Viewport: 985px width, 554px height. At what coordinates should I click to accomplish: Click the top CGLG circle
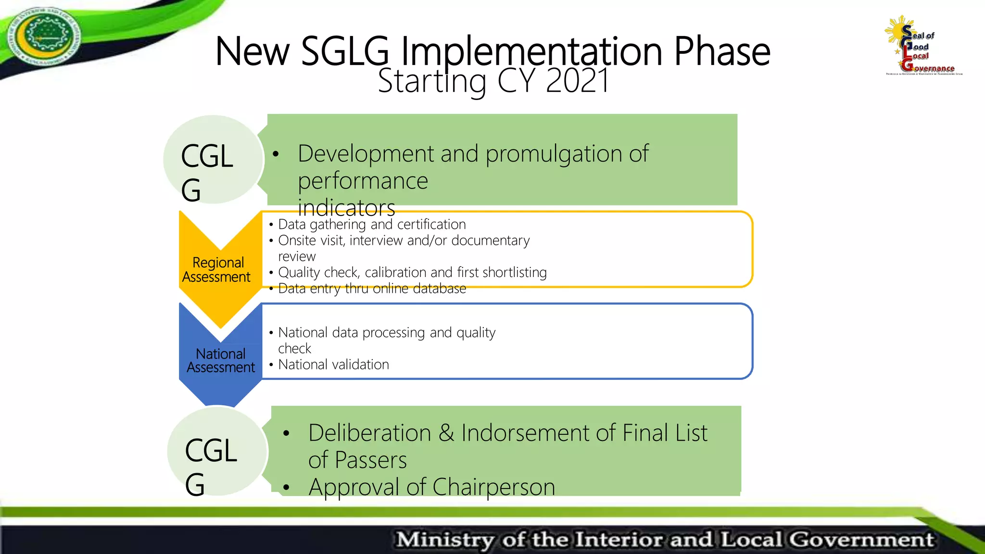tap(213, 160)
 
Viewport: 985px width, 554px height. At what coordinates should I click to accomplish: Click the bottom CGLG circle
tap(217, 451)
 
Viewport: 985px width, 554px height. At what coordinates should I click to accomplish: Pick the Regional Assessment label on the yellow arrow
tap(217, 270)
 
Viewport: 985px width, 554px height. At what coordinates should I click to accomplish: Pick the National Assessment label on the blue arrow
tap(221, 361)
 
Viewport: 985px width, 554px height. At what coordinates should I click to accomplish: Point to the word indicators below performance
tap(346, 208)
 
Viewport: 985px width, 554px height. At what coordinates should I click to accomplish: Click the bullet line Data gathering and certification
tap(371, 225)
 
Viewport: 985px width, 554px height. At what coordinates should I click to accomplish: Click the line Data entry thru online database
tap(371, 289)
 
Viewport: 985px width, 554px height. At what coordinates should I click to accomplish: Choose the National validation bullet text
tap(333, 365)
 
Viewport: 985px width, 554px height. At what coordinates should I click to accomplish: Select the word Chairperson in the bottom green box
tap(493, 487)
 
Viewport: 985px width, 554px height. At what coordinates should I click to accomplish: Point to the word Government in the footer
tap(861, 540)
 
